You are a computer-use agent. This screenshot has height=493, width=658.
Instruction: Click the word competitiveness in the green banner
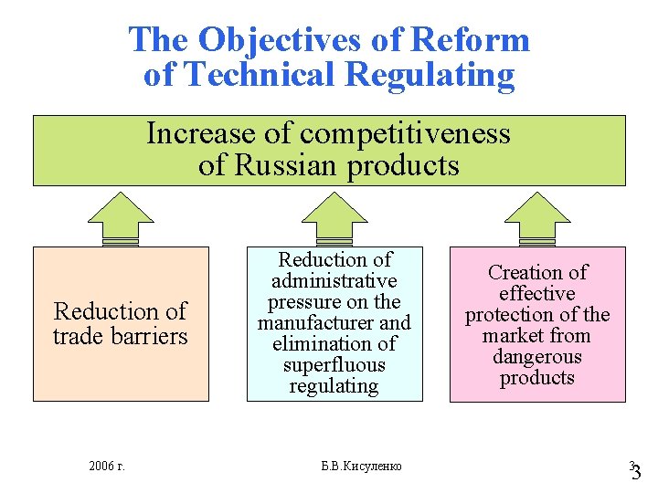click(405, 133)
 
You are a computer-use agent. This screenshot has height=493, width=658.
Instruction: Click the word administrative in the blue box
click(334, 280)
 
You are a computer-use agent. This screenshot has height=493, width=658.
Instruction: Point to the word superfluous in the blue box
click(334, 364)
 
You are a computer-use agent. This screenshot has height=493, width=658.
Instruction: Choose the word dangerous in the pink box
click(537, 356)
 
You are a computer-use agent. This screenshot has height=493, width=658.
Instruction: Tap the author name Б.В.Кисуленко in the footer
click(361, 467)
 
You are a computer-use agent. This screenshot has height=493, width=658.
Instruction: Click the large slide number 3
click(637, 473)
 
